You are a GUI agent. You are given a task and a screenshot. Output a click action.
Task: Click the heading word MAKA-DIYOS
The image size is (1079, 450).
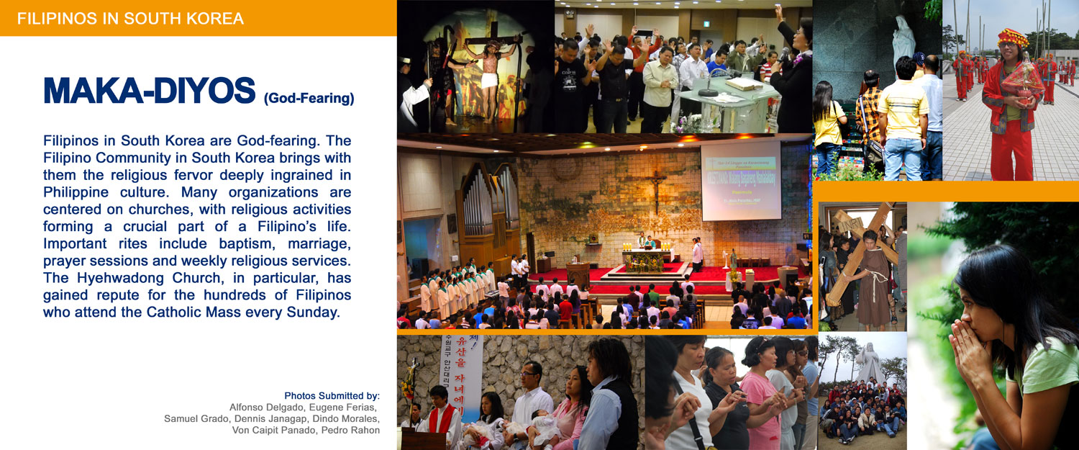click(150, 91)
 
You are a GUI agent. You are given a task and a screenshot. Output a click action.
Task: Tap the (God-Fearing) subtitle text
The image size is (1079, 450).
click(309, 98)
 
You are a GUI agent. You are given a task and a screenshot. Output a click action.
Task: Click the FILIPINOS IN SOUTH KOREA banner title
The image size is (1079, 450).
click(130, 19)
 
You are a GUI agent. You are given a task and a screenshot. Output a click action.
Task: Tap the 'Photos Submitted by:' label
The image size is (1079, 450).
click(332, 396)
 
